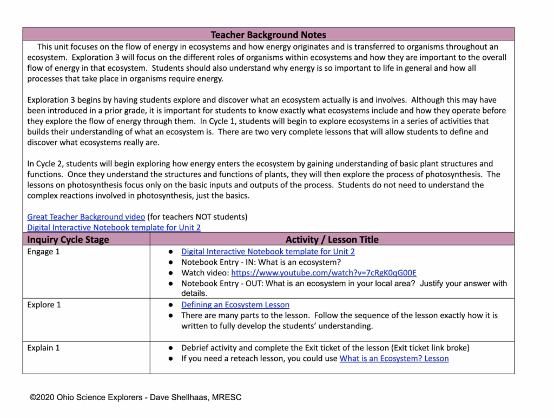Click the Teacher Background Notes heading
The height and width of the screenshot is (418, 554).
click(268, 35)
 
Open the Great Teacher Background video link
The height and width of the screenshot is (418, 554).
click(86, 217)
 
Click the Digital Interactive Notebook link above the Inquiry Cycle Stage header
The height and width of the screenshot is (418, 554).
click(114, 227)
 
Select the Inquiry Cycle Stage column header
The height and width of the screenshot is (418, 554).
click(68, 239)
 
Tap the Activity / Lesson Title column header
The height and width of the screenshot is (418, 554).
click(332, 239)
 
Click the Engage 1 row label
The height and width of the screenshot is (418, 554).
click(43, 252)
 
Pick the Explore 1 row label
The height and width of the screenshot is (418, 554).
click(44, 305)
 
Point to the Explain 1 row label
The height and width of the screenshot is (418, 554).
click(43, 348)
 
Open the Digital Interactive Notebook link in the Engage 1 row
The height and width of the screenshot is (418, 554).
click(268, 252)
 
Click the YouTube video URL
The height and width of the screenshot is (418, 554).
click(324, 273)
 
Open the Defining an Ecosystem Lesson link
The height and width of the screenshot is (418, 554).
click(235, 305)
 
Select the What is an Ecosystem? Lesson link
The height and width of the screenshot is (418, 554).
click(394, 359)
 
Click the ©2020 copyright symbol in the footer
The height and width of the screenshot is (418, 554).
click(34, 397)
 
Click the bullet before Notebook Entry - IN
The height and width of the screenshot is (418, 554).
click(170, 262)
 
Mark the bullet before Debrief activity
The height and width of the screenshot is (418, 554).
click(170, 348)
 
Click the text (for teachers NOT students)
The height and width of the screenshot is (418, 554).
click(197, 217)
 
